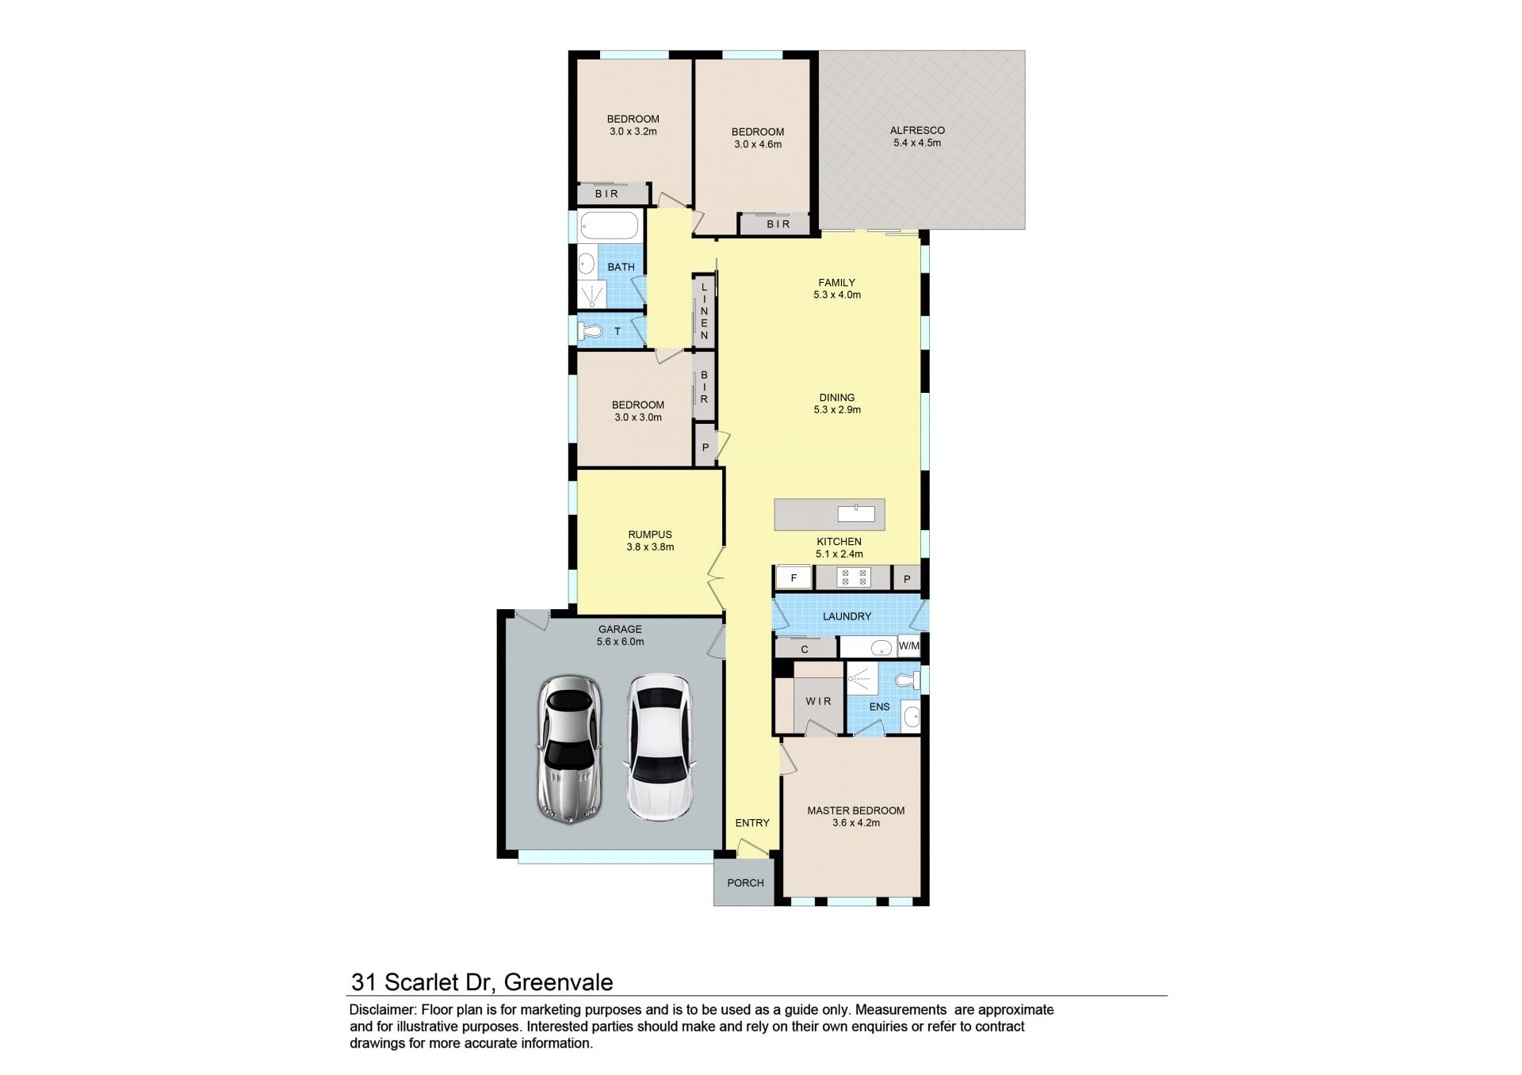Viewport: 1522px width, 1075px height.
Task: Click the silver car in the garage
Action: pos(569,749)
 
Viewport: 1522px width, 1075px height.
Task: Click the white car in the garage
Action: pos(660,748)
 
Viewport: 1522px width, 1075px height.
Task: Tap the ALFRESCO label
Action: pos(917,131)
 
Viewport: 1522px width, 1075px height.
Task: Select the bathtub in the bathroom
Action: pos(609,225)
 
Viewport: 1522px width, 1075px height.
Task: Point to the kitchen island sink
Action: pos(856,513)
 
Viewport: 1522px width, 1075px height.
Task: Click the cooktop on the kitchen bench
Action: pos(853,578)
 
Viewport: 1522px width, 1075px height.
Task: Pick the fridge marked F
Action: pos(794,578)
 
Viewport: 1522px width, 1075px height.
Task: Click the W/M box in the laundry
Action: pos(908,646)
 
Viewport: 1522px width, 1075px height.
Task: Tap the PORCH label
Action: pos(745,882)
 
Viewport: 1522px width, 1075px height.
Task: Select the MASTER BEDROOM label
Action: pos(855,810)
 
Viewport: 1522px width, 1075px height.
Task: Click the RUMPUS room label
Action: pos(650,535)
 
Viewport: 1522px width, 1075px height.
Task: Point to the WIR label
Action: pos(818,701)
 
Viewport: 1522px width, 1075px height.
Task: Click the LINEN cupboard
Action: pos(704,311)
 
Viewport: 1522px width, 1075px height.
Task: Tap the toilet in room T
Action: pos(591,331)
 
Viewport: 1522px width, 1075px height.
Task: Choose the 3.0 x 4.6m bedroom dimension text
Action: pos(758,144)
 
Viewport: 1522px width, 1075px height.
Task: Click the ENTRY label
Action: pos(752,823)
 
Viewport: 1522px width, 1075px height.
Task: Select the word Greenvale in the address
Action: pos(558,982)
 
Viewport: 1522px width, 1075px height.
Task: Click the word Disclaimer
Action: pos(383,1010)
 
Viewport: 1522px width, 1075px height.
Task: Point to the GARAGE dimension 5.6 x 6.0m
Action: pos(620,642)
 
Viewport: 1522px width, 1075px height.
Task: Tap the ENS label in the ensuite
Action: pos(879,707)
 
